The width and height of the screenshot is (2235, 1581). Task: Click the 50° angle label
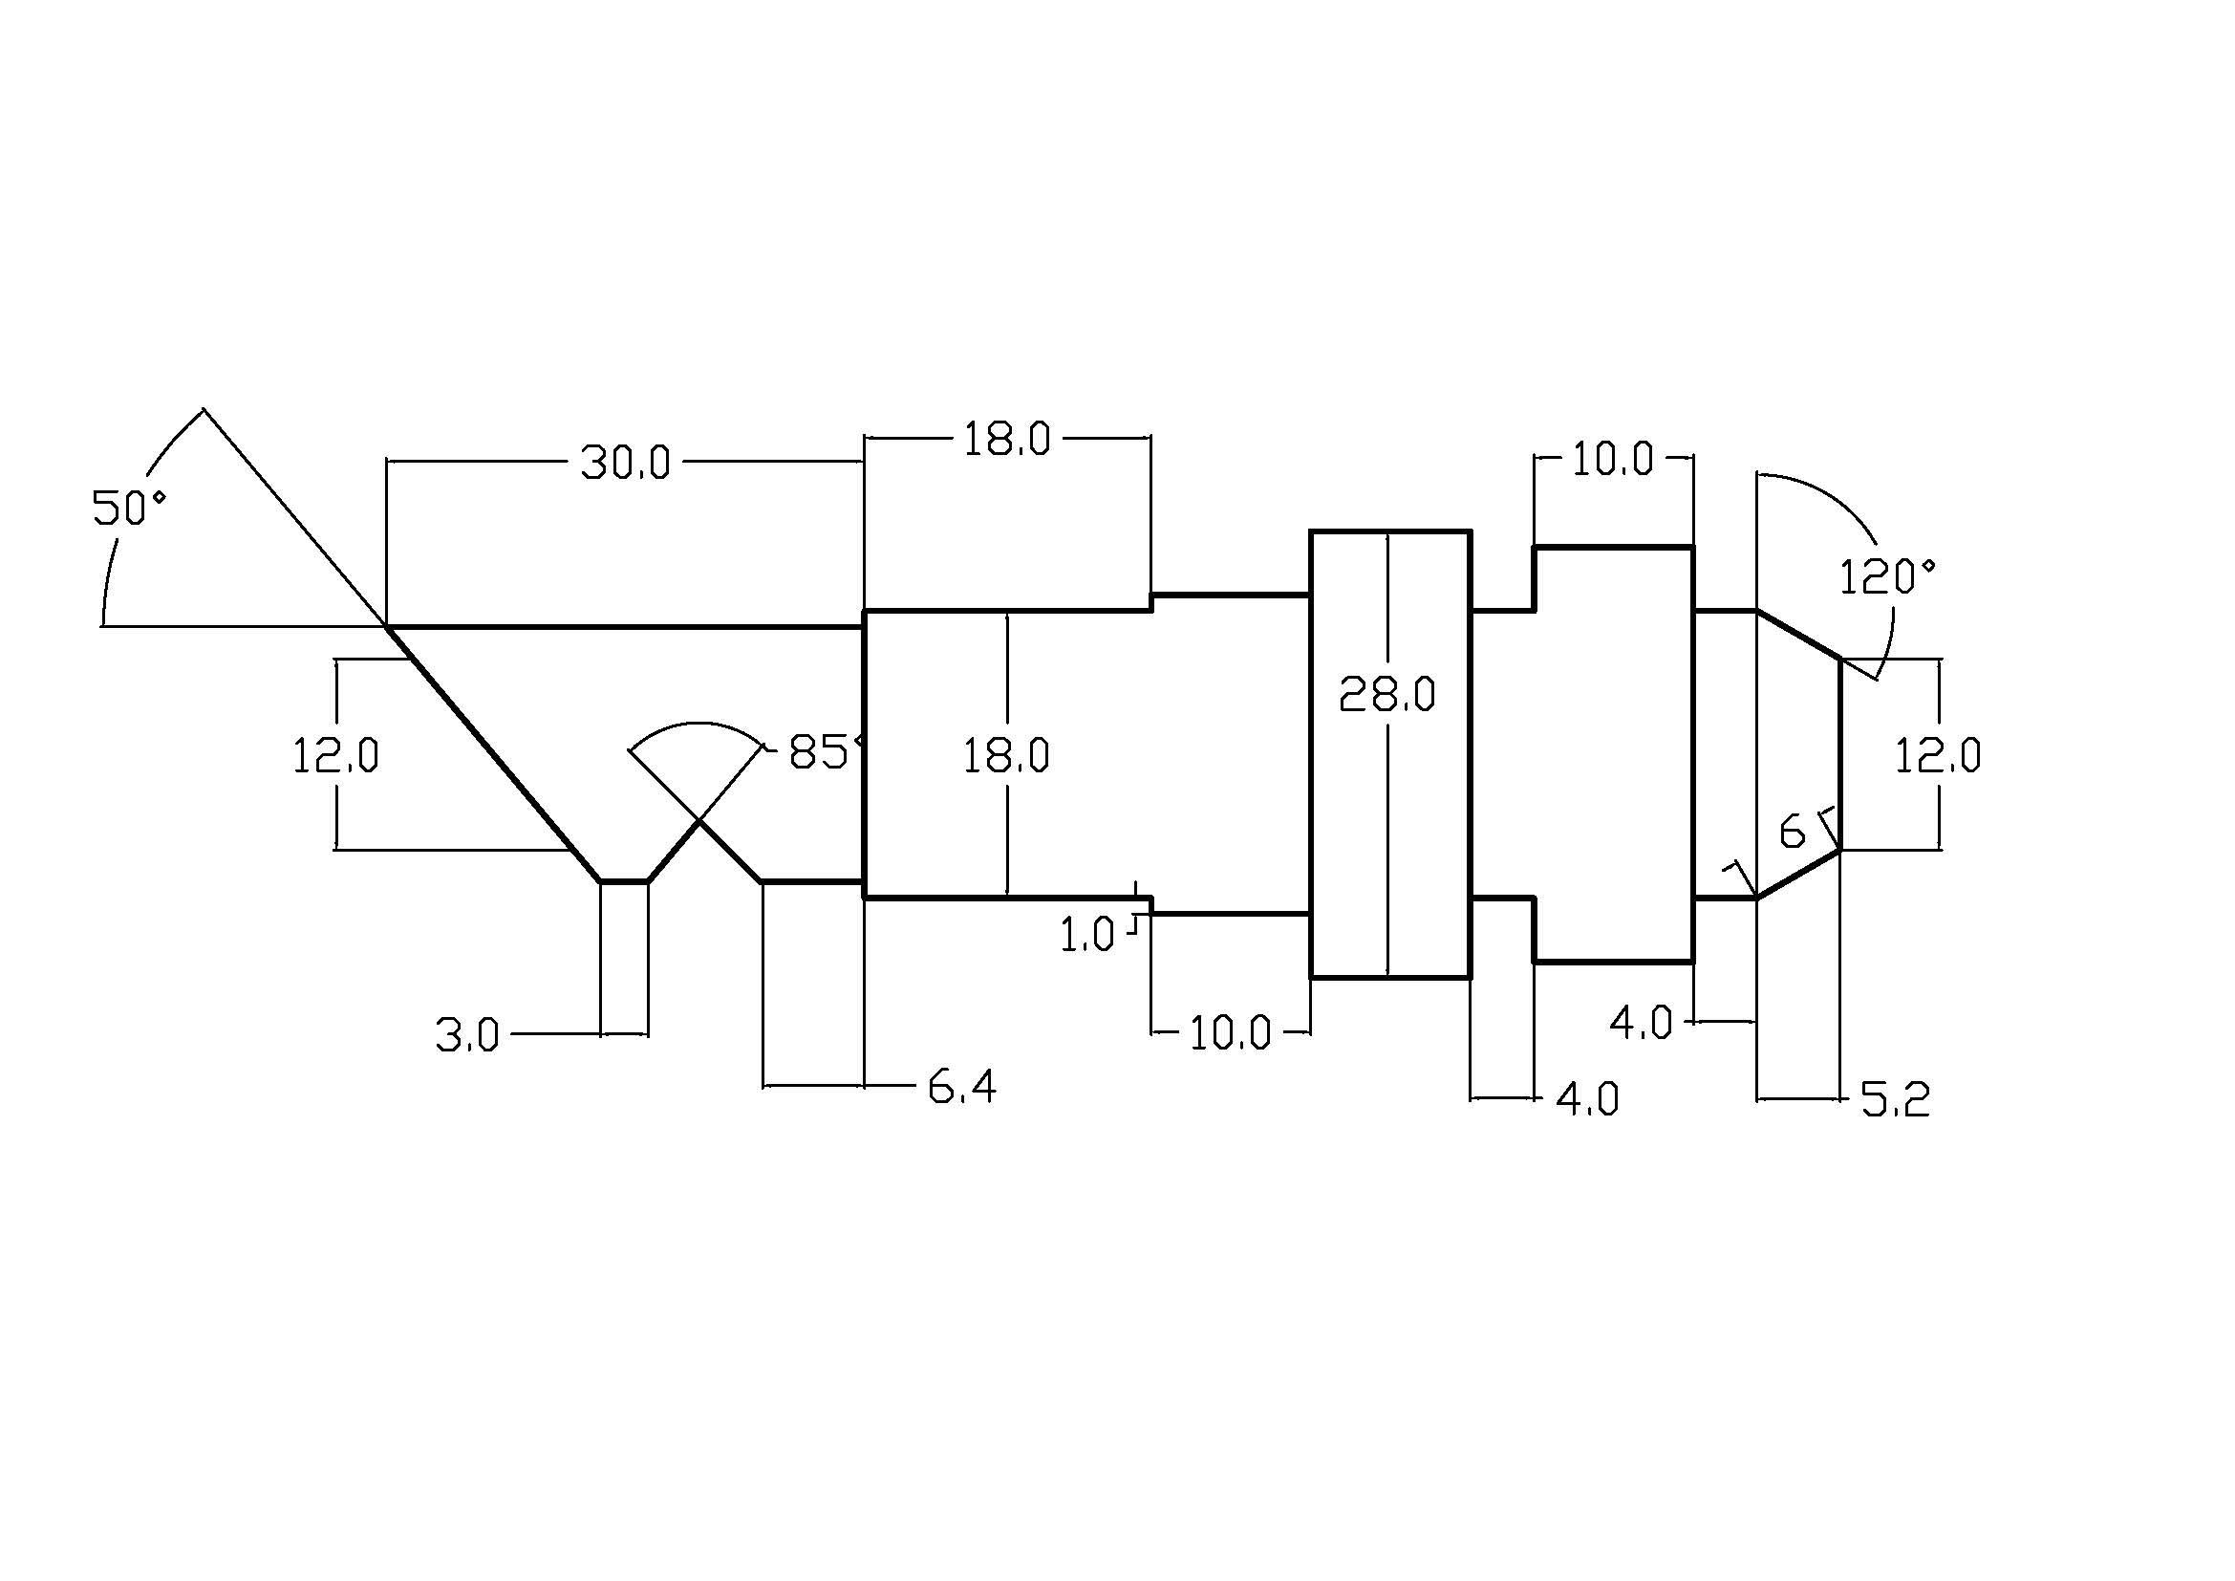(129, 508)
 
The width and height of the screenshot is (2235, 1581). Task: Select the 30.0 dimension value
(626, 463)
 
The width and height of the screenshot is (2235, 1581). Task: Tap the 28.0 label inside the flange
(1387, 694)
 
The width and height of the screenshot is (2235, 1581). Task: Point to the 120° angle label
(1887, 576)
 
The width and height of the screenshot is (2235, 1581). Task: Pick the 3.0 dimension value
(467, 1035)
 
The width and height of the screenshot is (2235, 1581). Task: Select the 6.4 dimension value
(963, 1087)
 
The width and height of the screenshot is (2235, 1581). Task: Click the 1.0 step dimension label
(1086, 936)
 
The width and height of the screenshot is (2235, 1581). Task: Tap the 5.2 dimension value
(1895, 1100)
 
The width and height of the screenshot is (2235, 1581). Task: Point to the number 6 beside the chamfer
(1792, 832)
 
